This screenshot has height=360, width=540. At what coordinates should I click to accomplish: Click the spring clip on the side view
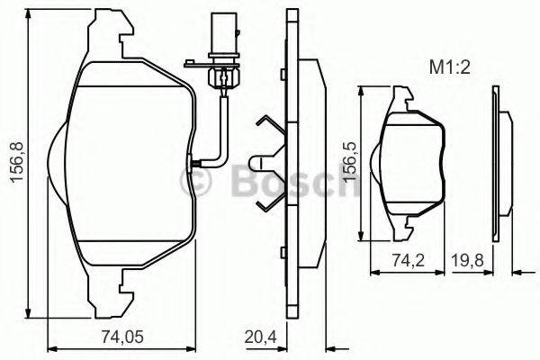pyautogui.click(x=269, y=162)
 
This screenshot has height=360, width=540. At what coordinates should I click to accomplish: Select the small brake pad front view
pyautogui.click(x=413, y=162)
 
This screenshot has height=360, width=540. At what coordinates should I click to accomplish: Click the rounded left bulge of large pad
pyautogui.click(x=52, y=163)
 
